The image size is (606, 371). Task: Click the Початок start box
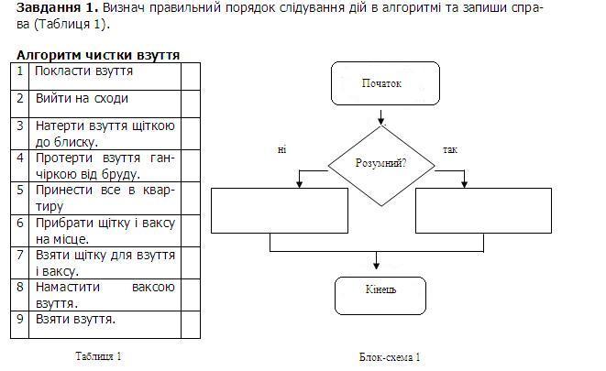[380, 84]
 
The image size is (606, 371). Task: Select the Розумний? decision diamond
[380, 165]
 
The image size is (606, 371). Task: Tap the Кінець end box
[380, 290]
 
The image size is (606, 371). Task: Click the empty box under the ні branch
[280, 211]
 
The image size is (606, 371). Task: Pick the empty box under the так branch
[483, 211]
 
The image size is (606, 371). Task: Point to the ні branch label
[281, 148]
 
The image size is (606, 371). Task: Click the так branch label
[449, 148]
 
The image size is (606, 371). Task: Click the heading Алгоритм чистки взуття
[98, 55]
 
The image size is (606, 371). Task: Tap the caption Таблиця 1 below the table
[98, 355]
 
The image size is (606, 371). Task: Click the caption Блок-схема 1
[390, 357]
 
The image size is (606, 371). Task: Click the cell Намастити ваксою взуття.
[105, 294]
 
